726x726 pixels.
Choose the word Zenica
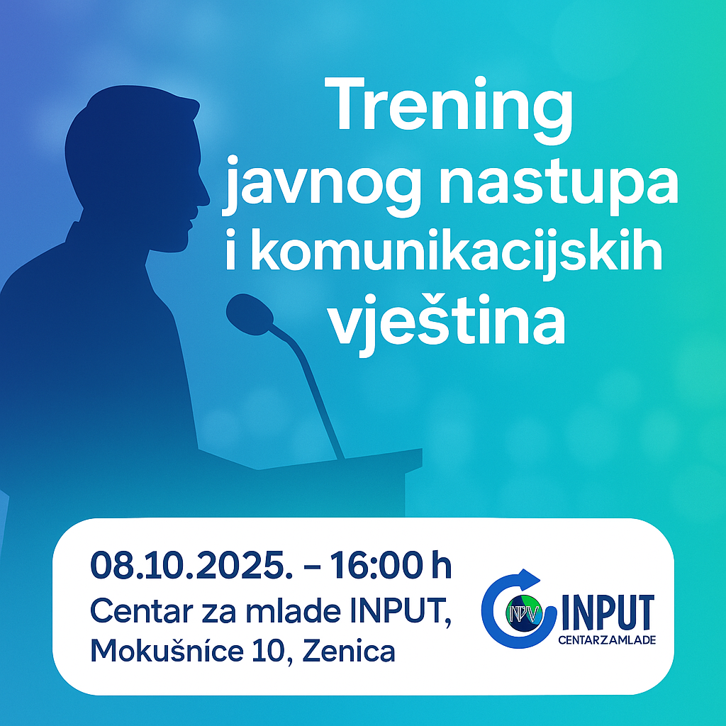(348, 651)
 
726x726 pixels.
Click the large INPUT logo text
(607, 610)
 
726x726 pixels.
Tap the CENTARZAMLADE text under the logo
(607, 640)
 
